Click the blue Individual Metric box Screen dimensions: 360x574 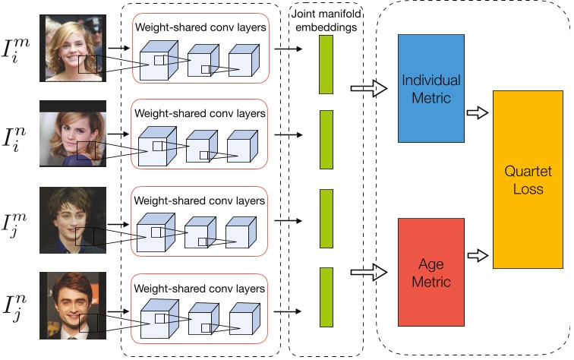pos(431,88)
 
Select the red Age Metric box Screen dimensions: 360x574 pos(431,271)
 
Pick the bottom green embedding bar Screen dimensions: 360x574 pos(326,297)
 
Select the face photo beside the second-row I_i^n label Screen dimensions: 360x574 pos(74,135)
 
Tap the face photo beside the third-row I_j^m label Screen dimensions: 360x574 pos(74,221)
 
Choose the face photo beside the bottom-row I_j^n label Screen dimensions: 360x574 pos(74,305)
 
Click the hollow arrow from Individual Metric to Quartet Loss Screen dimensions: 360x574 pos(477,112)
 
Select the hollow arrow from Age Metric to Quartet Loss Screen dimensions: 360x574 pos(477,254)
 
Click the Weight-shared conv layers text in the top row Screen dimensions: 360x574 pos(200,27)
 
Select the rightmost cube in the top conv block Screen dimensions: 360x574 pos(242,62)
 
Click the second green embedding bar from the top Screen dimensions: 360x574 pos(326,139)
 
